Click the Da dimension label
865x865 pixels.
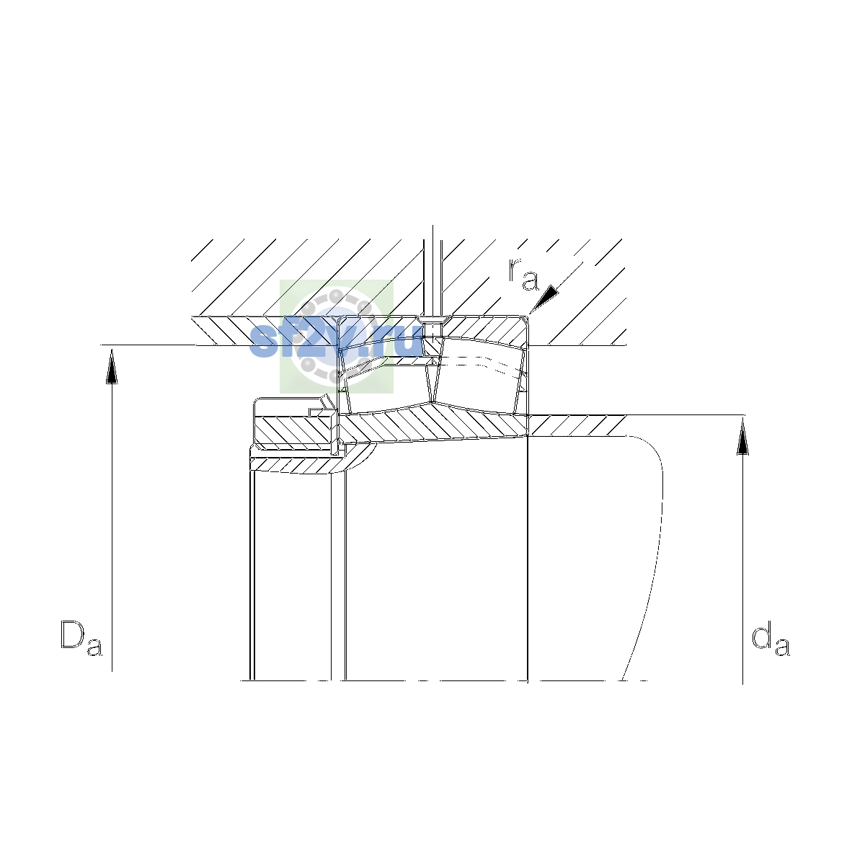pos(81,639)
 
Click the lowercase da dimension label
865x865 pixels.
pos(771,639)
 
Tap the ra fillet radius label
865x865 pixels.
pos(523,274)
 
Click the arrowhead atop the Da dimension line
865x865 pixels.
pos(112,367)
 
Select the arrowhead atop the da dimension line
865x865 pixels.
pos(743,437)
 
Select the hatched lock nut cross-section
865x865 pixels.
pos(293,430)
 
